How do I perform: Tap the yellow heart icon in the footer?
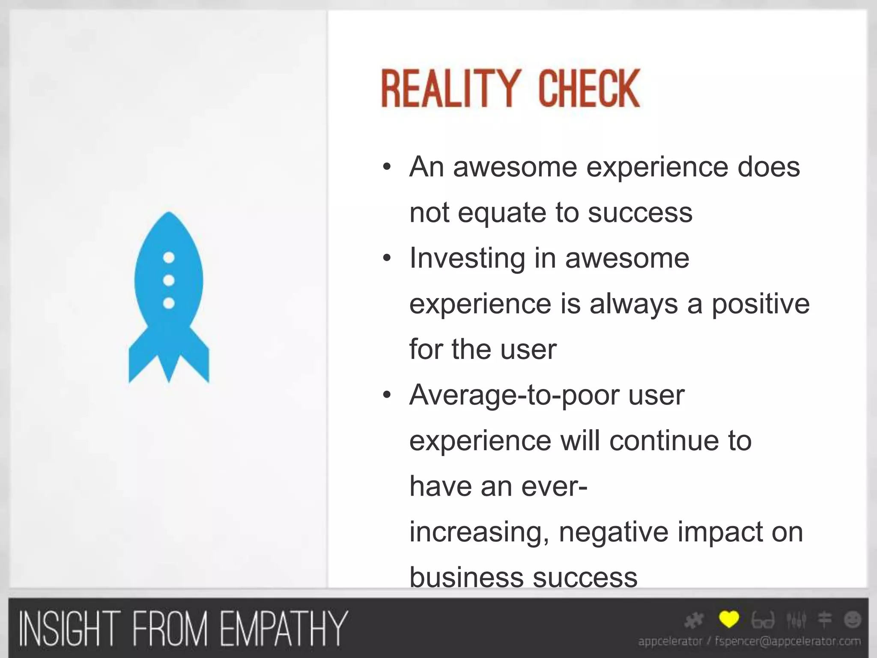729,619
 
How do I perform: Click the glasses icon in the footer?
763,620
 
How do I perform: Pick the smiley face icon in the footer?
853,620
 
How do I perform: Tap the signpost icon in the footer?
825,620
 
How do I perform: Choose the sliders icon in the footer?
796,620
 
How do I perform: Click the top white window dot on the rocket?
169,257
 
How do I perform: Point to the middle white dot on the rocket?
169,281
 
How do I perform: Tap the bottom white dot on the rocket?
169,303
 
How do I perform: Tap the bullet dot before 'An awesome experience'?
387,167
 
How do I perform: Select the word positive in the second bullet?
761,304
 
